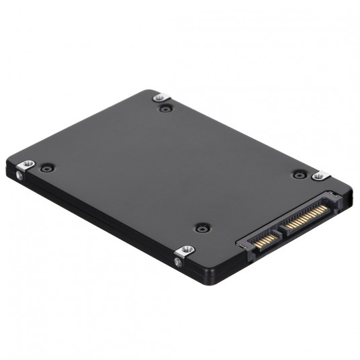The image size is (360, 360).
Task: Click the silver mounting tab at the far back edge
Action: pos(159,97)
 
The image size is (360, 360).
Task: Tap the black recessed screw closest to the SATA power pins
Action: pos(299,173)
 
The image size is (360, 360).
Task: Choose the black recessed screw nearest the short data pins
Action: pos(201,228)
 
